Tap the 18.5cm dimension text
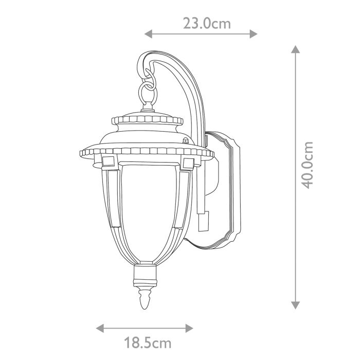pyautogui.click(x=147, y=341)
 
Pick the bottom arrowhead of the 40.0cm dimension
pyautogui.click(x=295, y=305)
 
